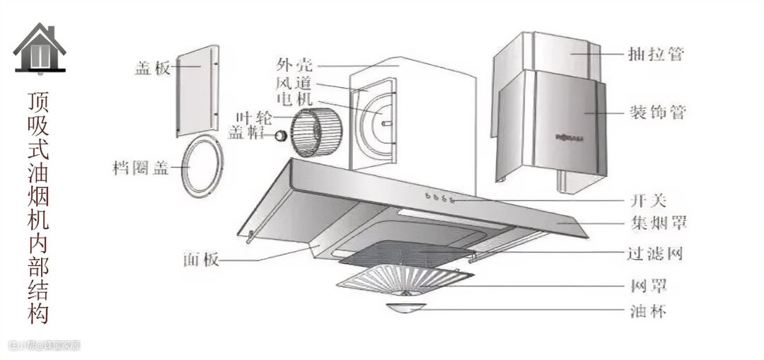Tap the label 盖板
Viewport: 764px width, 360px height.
[x=151, y=69]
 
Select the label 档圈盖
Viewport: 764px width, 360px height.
[x=139, y=168]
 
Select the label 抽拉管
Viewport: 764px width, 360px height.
[x=656, y=54]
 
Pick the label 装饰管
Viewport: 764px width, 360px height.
[x=656, y=112]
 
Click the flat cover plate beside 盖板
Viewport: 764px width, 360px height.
[x=195, y=92]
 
